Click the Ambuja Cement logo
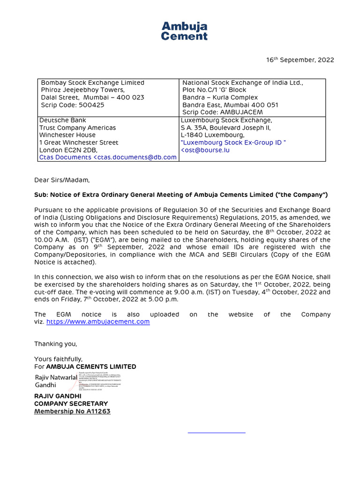coord(184,31)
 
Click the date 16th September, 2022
coord(300,60)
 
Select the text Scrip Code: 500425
coord(73,105)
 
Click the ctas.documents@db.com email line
coord(108,157)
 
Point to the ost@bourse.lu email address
coord(206,150)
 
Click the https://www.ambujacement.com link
coord(98,322)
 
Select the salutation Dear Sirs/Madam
coord(61,180)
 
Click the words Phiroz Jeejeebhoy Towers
coord(83,90)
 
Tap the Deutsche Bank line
coord(63,120)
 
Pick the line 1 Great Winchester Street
coord(79,142)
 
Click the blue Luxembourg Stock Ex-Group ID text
coord(233,142)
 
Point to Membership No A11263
coord(72,412)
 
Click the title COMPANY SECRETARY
coord(71,404)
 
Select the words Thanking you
coord(55,344)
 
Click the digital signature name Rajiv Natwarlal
coord(56,377)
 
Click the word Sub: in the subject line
coord(41,195)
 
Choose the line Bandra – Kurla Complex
coord(214,97)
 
